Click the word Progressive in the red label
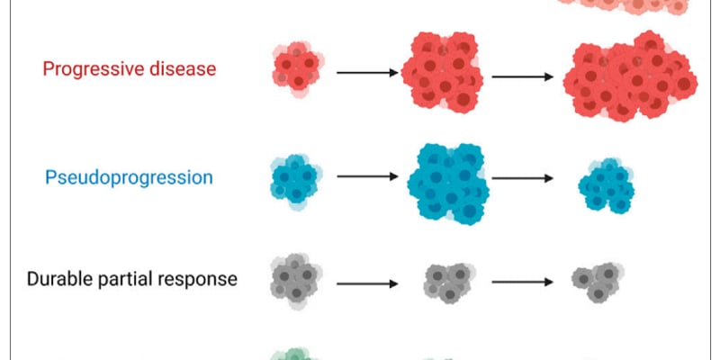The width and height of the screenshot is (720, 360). [87, 69]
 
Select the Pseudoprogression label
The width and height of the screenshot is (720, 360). [129, 178]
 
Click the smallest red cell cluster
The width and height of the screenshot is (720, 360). [298, 68]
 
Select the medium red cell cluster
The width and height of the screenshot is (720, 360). [442, 71]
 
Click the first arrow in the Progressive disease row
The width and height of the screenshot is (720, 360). [367, 73]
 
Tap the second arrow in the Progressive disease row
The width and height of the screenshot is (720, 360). [523, 76]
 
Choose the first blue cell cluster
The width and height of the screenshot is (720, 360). [296, 182]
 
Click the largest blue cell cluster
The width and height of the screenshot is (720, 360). [448, 183]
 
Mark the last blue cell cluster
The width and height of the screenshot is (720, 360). [606, 186]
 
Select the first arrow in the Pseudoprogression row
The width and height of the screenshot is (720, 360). [367, 176]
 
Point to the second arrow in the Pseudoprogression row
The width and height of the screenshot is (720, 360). [523, 178]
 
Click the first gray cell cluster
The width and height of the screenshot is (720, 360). [296, 281]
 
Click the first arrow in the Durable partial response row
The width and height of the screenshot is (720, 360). [367, 284]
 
